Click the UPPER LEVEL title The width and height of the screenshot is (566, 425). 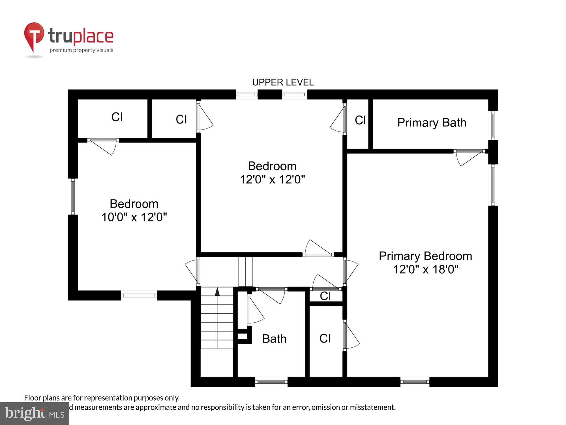click(x=283, y=82)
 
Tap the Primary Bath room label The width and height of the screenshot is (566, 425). click(x=432, y=123)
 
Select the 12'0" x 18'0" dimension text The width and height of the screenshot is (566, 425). click(x=425, y=269)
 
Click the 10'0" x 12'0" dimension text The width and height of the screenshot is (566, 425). click(x=134, y=217)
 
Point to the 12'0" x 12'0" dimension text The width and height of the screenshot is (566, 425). click(x=272, y=179)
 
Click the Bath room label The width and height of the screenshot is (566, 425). click(x=274, y=339)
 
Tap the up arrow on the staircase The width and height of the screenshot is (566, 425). click(x=217, y=292)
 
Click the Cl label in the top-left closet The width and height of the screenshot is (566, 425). click(x=117, y=117)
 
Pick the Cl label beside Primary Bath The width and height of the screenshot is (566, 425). click(x=360, y=120)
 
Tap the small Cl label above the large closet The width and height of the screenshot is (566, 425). click(x=325, y=296)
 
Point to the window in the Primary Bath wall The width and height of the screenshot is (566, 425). click(x=493, y=125)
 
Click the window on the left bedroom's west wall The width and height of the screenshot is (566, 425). click(x=73, y=196)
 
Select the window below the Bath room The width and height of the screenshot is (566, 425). click(x=271, y=382)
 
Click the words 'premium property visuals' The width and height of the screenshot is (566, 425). click(x=82, y=50)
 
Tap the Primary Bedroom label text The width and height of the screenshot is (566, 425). click(x=425, y=256)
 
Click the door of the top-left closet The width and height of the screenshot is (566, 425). click(x=103, y=146)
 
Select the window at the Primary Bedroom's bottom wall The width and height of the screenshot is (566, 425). click(x=415, y=382)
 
